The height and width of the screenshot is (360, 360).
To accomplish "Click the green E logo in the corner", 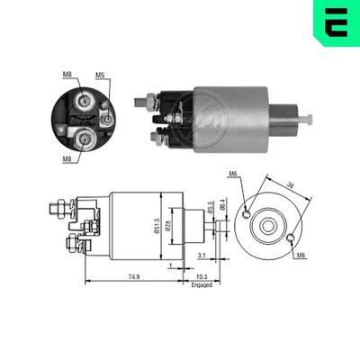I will click(x=336, y=24).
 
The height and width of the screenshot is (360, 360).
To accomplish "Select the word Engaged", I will click(x=202, y=284).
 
